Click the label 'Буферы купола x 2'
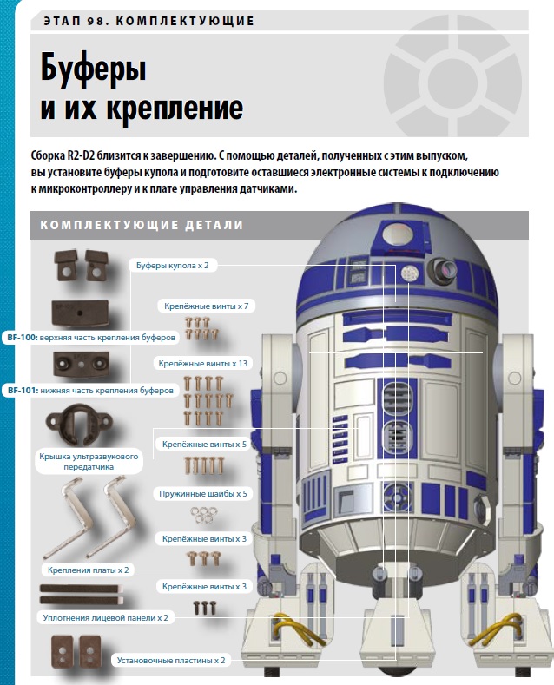[173, 265]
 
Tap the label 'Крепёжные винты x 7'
[206, 306]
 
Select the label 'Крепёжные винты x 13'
[202, 364]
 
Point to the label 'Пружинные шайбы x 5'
[202, 494]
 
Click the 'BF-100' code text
[23, 338]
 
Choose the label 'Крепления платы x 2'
[89, 570]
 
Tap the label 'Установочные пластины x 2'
[171, 661]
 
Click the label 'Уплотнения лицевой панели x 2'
[105, 618]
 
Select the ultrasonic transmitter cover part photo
[80, 425]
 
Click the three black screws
[204, 608]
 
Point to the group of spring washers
[204, 514]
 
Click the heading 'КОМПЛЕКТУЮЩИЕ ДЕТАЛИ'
[142, 225]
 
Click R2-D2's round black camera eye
[443, 270]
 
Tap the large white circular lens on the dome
[397, 234]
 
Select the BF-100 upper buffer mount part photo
[80, 313]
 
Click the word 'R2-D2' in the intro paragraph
[81, 156]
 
